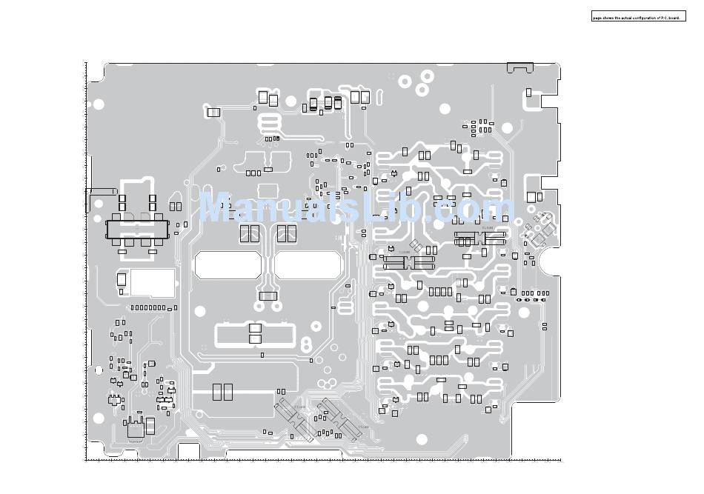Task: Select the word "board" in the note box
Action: [x=674, y=17]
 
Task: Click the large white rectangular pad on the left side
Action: [x=153, y=282]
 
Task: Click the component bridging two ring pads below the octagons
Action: [x=268, y=297]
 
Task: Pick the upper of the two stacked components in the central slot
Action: [x=256, y=328]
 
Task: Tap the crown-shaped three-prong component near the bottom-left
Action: [x=134, y=428]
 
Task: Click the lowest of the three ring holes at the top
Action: [x=422, y=90]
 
